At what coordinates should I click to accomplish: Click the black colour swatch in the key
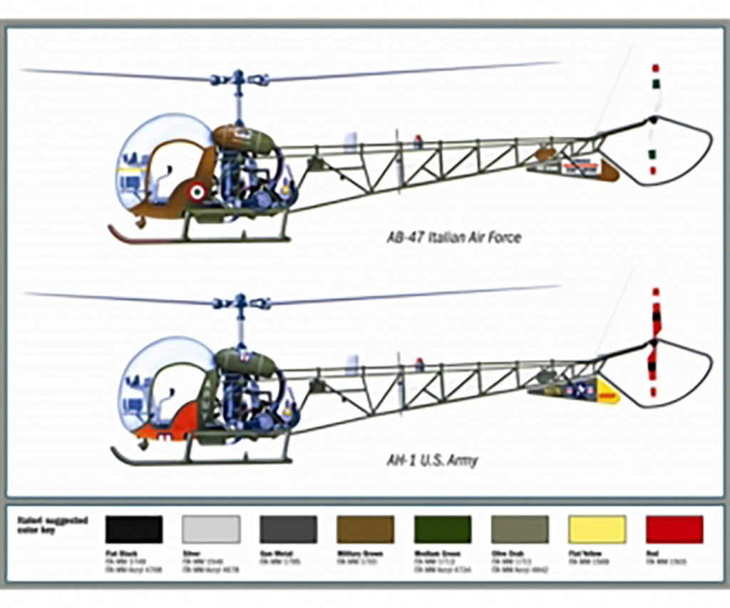click(x=133, y=530)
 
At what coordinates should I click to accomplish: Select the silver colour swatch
click(x=211, y=530)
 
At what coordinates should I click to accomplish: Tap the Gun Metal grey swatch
click(x=288, y=530)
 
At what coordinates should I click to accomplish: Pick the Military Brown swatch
click(x=365, y=530)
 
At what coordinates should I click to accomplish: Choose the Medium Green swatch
click(x=442, y=530)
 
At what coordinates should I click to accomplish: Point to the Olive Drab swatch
click(x=520, y=530)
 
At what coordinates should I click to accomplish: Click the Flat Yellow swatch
click(x=597, y=530)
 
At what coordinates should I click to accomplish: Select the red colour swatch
click(x=674, y=530)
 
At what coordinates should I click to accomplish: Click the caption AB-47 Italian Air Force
click(x=453, y=237)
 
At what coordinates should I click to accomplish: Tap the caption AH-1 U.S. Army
click(x=432, y=460)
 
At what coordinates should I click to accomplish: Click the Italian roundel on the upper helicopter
click(x=197, y=192)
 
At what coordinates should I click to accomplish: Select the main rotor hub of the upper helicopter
click(x=239, y=79)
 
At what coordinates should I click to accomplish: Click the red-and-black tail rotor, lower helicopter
click(x=654, y=342)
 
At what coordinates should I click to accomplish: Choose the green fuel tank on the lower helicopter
click(x=246, y=361)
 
